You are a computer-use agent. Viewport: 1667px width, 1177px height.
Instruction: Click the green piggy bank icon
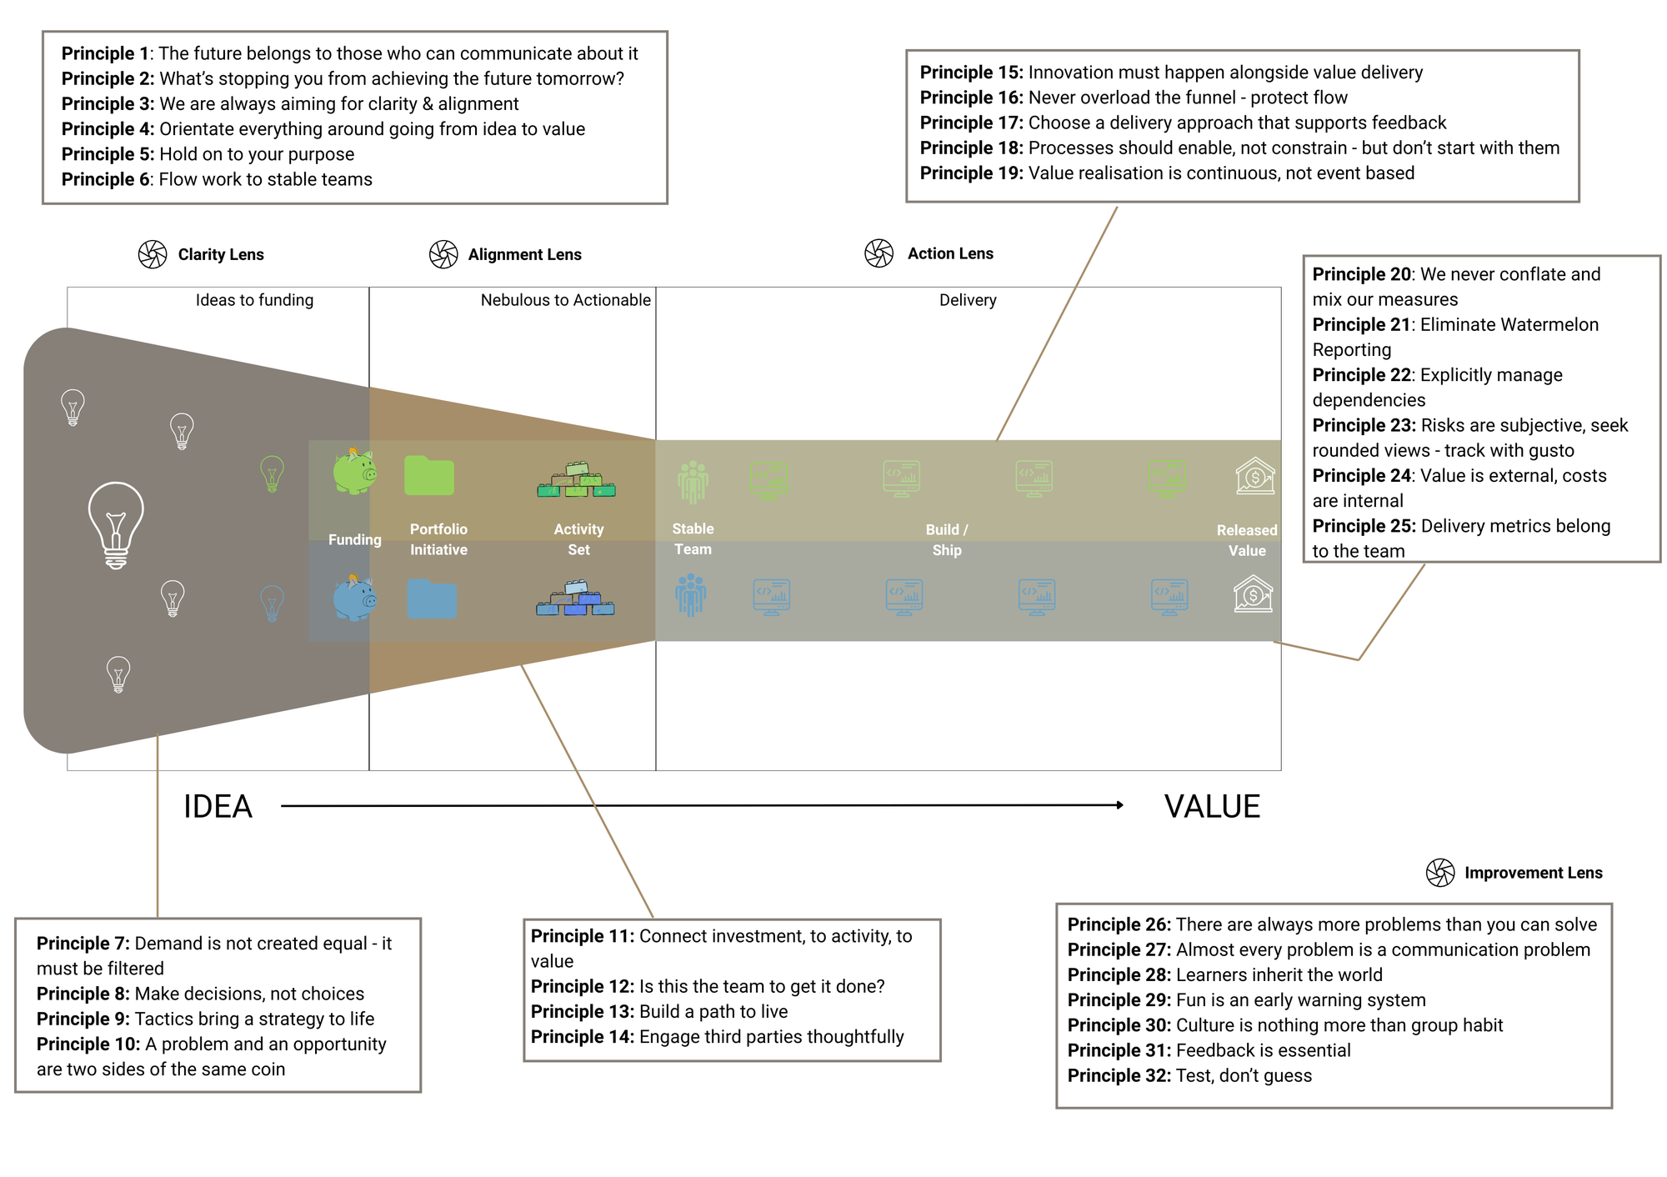[354, 472]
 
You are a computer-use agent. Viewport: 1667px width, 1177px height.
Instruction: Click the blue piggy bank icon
[354, 598]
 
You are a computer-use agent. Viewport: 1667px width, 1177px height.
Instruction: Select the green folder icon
[429, 476]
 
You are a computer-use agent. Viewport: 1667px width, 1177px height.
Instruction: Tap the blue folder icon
[432, 599]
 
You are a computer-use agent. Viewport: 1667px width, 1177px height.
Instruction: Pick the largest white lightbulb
[116, 524]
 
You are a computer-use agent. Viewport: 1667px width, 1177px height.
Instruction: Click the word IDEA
[218, 807]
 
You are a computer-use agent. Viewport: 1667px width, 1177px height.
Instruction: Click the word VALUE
[1212, 807]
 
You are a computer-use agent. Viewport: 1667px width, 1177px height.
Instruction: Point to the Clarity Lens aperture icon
[153, 254]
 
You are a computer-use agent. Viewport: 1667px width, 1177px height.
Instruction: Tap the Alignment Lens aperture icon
[443, 254]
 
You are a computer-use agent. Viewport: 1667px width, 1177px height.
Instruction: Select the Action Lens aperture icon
[879, 253]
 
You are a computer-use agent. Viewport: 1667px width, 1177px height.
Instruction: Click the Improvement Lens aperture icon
[1440, 873]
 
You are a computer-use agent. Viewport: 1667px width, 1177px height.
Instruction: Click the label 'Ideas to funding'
[254, 300]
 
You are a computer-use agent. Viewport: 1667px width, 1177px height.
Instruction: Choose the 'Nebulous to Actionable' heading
[565, 300]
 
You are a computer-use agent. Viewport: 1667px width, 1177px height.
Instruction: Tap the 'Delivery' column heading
[968, 300]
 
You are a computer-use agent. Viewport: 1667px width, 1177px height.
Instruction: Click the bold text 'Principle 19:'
[971, 173]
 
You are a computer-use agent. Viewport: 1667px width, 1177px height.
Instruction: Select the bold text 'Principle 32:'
[1119, 1076]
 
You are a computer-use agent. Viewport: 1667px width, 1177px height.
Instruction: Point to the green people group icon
[693, 482]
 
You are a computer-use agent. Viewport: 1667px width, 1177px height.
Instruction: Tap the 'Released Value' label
[1247, 540]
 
